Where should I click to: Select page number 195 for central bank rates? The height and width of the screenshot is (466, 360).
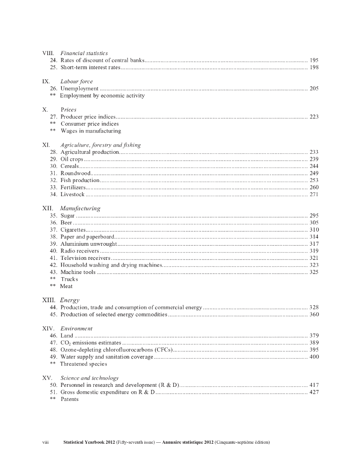pyautogui.click(x=314, y=61)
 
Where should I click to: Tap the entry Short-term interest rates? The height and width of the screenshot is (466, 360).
pyautogui.click(x=91, y=68)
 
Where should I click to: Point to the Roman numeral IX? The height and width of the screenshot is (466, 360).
pyautogui.click(x=46, y=81)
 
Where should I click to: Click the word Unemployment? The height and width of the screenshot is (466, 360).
pyautogui.click(x=79, y=89)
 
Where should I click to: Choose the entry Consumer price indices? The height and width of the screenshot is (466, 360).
pyautogui.click(x=90, y=124)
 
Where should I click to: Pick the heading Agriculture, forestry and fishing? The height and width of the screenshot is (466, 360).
pyautogui.click(x=100, y=145)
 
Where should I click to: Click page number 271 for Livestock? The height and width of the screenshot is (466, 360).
pyautogui.click(x=314, y=195)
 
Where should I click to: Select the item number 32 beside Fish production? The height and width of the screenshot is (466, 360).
pyautogui.click(x=53, y=181)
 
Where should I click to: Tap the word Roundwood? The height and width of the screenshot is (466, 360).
pyautogui.click(x=76, y=173)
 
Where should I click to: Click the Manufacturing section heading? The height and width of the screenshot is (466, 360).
pyautogui.click(x=80, y=208)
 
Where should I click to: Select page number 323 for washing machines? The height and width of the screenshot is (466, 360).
pyautogui.click(x=314, y=265)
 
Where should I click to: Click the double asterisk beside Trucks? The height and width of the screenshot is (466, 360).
pyautogui.click(x=53, y=279)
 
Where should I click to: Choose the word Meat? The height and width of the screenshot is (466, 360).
pyautogui.click(x=66, y=287)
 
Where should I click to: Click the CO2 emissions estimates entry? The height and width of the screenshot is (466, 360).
pyautogui.click(x=91, y=343)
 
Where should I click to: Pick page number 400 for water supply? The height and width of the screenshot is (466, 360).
pyautogui.click(x=314, y=357)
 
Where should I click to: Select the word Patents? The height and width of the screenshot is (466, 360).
pyautogui.click(x=69, y=400)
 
